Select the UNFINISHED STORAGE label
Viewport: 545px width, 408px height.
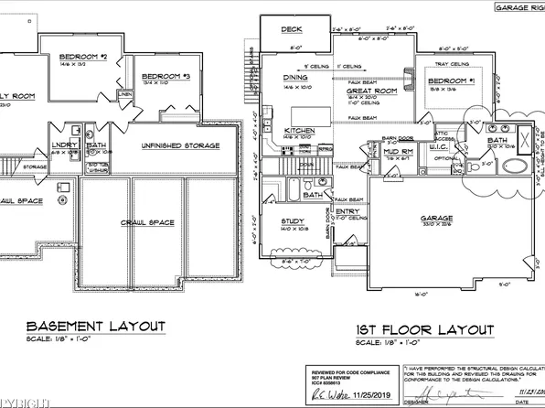[178, 145]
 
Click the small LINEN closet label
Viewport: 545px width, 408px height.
[124, 93]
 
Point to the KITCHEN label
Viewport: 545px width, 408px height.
[299, 131]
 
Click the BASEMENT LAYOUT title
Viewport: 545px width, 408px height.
[96, 327]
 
